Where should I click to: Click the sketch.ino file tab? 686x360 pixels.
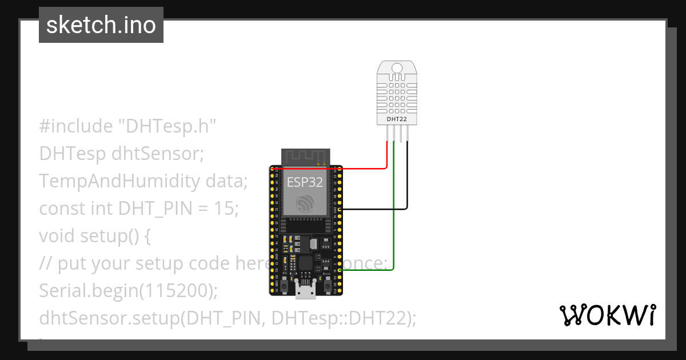click(101, 25)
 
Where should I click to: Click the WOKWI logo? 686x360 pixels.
click(608, 315)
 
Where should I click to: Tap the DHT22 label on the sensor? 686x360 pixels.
click(397, 119)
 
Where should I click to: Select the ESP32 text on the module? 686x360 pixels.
click(305, 183)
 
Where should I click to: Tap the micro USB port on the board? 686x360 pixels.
click(306, 291)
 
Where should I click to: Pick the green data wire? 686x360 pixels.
click(394, 229)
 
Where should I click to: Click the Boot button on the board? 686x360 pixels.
click(326, 283)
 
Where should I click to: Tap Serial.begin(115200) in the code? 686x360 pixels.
click(129, 291)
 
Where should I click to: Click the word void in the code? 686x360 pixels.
click(57, 236)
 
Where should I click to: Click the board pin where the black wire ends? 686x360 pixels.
click(340, 210)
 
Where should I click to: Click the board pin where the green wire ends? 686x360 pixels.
click(340, 271)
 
